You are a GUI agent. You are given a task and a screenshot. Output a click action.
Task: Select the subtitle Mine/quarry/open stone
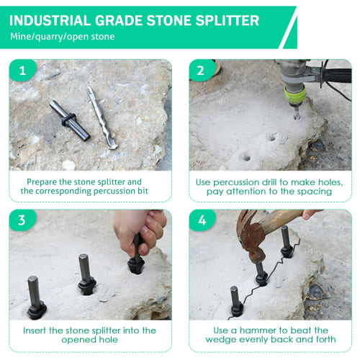click(62, 36)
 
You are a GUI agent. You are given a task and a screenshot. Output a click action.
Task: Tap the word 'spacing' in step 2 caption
click(314, 192)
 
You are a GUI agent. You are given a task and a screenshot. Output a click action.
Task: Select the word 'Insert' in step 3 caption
click(40, 330)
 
